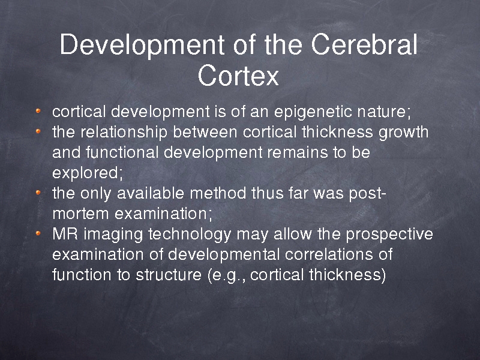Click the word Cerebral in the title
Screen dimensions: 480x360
[x=364, y=44]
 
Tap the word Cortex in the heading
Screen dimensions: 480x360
[x=238, y=76]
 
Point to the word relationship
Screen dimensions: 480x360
[x=124, y=133]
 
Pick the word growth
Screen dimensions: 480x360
[x=403, y=133]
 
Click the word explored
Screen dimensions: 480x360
[x=87, y=173]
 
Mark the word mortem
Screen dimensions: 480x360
[x=80, y=214]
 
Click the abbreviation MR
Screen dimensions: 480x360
[x=65, y=234]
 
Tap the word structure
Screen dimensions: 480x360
[x=169, y=275]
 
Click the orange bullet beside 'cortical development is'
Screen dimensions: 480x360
[x=38, y=111]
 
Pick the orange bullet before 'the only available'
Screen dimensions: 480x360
[x=38, y=192]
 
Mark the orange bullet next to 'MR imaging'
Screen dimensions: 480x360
[x=38, y=233]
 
